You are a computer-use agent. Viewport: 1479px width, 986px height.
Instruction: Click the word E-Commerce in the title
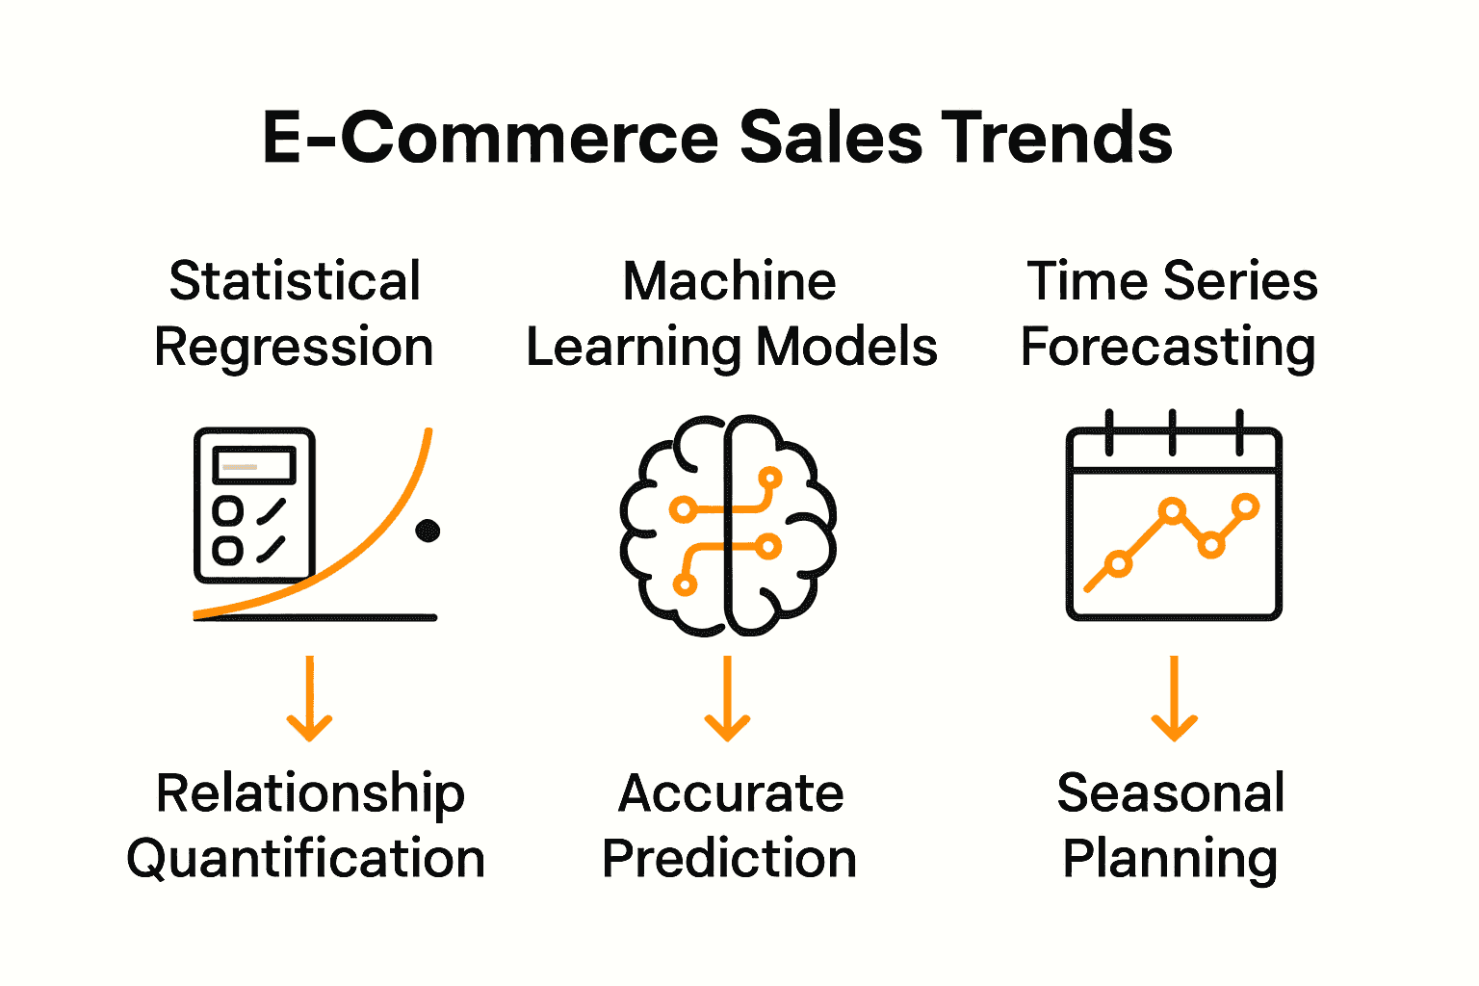(x=490, y=137)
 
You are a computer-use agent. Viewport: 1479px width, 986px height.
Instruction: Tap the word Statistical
(x=295, y=281)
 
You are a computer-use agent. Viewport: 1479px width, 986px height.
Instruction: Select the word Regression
(x=294, y=347)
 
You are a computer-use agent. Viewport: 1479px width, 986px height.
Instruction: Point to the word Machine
(x=729, y=281)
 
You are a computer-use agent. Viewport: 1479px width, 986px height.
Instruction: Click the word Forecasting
(x=1168, y=347)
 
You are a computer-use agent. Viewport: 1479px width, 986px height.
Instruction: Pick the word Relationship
(x=310, y=794)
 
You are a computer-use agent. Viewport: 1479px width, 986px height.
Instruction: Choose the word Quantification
(x=305, y=858)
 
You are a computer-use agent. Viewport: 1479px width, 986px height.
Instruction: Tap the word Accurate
(x=731, y=794)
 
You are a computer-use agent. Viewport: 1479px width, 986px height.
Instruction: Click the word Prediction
(x=729, y=858)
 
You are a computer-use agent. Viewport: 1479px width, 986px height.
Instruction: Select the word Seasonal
(x=1171, y=794)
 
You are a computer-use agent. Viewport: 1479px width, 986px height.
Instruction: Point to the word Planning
(x=1170, y=858)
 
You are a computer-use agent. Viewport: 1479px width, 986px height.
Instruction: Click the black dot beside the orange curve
(x=428, y=531)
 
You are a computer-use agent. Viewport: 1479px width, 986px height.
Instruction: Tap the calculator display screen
(x=254, y=466)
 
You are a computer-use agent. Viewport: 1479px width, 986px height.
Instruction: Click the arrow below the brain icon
(x=727, y=699)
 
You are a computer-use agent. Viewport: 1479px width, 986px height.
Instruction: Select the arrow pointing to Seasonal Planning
(x=1174, y=699)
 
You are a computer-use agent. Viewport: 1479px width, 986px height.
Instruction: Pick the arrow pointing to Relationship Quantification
(x=309, y=699)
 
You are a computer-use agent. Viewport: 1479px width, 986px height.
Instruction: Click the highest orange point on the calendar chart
(x=1245, y=506)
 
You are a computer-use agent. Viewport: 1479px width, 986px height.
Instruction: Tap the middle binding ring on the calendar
(x=1172, y=432)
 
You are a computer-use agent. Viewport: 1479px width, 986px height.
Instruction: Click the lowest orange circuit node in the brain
(x=685, y=584)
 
